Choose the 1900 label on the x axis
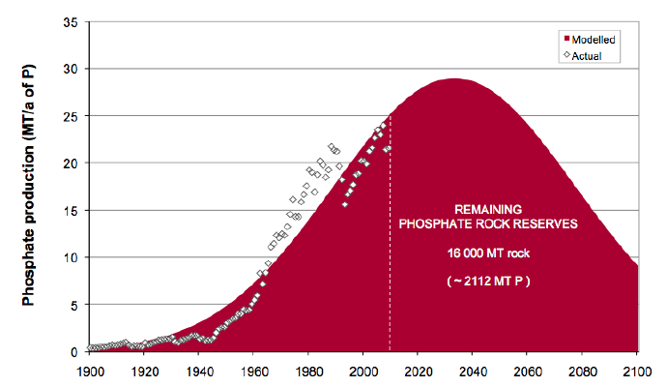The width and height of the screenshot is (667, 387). coord(88,370)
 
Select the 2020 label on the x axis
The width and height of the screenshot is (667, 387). coord(419,370)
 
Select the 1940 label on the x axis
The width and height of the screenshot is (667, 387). coord(198,370)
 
